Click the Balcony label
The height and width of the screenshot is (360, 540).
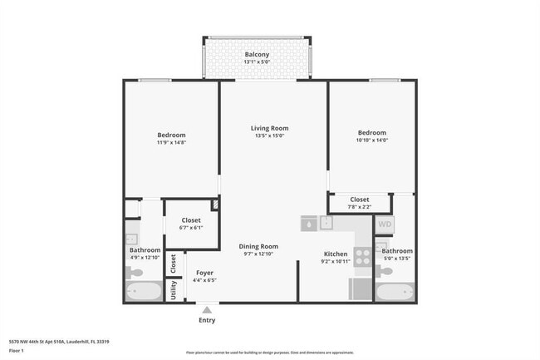pyautogui.click(x=256, y=55)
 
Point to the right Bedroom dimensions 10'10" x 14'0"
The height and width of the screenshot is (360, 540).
pyautogui.click(x=371, y=141)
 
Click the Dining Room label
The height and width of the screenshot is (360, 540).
pyautogui.click(x=258, y=246)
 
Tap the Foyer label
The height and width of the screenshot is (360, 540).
pyautogui.click(x=204, y=273)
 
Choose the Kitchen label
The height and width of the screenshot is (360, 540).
pyautogui.click(x=335, y=254)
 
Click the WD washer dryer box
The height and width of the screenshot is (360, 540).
pyautogui.click(x=385, y=224)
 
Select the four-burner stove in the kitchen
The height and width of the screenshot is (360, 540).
pyautogui.click(x=363, y=257)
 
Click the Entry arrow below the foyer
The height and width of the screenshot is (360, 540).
pyautogui.click(x=206, y=309)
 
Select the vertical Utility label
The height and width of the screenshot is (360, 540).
pyautogui.click(x=174, y=289)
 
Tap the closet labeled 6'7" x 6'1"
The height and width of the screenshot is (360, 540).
pyautogui.click(x=191, y=224)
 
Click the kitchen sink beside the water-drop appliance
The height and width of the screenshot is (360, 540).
pyautogui.click(x=327, y=223)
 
